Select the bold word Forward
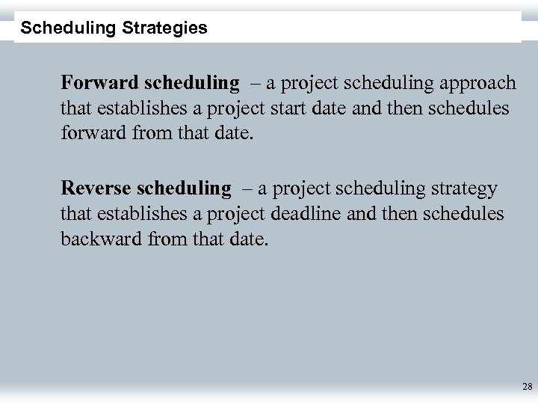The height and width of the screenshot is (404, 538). (93, 82)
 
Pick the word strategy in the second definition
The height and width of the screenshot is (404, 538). (463, 187)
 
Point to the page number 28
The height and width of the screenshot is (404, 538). (527, 387)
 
